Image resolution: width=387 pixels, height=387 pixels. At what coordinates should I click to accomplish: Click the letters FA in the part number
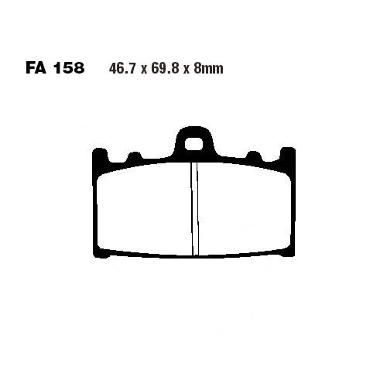coord(36,68)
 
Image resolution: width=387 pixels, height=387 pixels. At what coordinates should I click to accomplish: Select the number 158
coord(69,68)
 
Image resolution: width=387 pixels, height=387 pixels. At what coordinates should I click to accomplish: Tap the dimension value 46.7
coord(122,69)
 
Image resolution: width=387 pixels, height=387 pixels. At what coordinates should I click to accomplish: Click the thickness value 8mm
coord(208,69)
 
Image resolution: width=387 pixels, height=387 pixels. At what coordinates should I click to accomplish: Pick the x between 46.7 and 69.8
coord(143,70)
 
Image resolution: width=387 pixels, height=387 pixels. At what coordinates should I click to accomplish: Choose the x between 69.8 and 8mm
coord(186,70)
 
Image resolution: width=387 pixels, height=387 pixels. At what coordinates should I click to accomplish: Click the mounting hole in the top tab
coord(193,144)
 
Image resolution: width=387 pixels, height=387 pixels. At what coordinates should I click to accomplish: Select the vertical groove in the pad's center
coord(195,209)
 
